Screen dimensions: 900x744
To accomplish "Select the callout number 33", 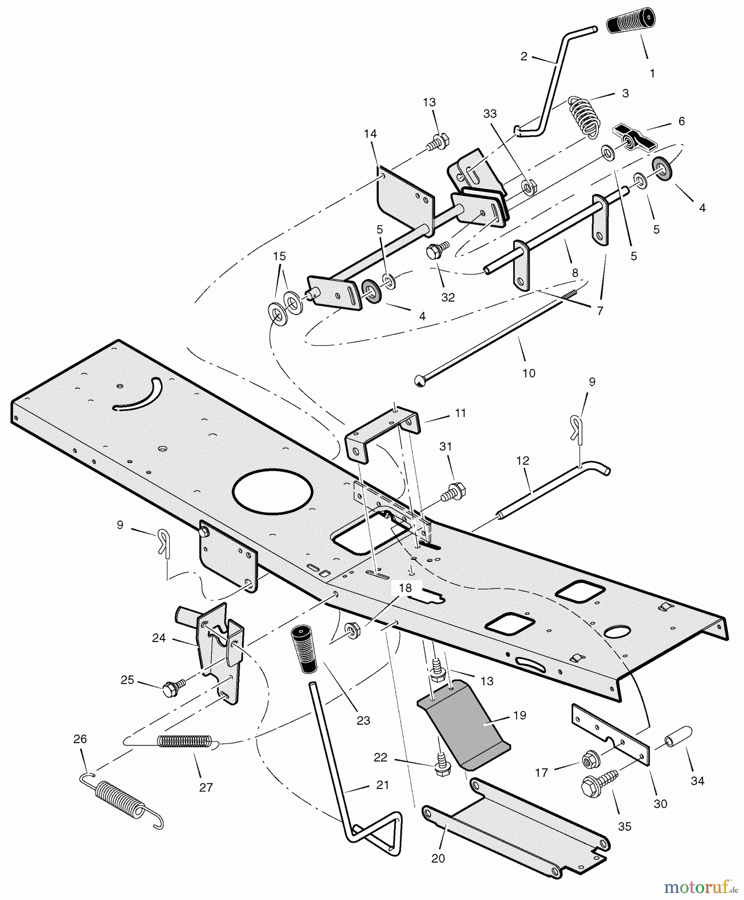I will point(490,114).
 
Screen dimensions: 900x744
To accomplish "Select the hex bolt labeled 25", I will point(171,688).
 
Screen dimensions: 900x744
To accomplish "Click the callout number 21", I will point(382,785).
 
